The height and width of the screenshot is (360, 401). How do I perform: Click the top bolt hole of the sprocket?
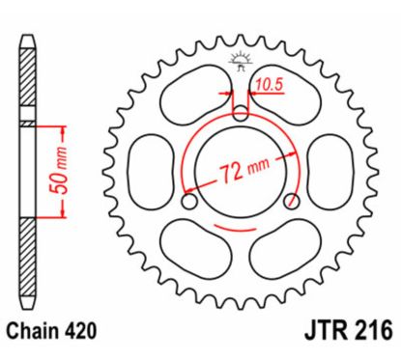pyautogui.click(x=242, y=113)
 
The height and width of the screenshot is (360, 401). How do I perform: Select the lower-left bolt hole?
pyautogui.click(x=188, y=201)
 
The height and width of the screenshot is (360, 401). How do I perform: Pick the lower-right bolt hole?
pyautogui.click(x=294, y=201)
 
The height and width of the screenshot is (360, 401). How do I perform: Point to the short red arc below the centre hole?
pyautogui.click(x=242, y=230)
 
